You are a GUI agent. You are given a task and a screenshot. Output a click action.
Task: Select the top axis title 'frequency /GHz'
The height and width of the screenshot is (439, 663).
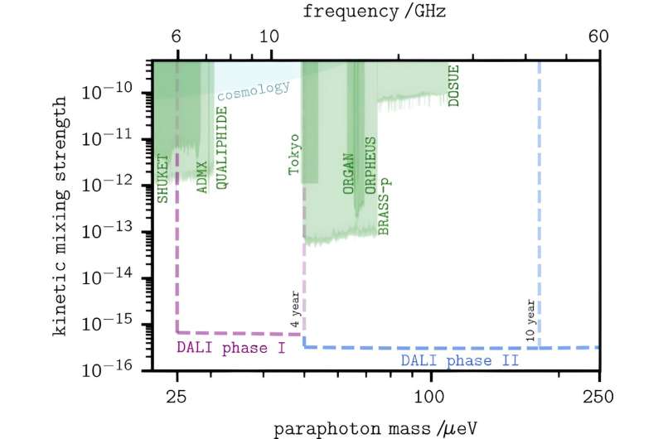point(375,12)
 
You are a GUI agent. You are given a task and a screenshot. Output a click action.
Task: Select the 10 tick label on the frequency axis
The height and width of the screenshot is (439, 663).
point(271,39)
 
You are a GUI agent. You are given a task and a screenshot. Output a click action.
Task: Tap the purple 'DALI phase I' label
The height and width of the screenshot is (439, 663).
point(231,347)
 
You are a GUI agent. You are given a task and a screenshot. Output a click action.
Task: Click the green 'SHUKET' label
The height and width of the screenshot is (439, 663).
point(163,177)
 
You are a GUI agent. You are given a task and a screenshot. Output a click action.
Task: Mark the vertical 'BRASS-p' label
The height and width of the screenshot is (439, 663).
point(383,208)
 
